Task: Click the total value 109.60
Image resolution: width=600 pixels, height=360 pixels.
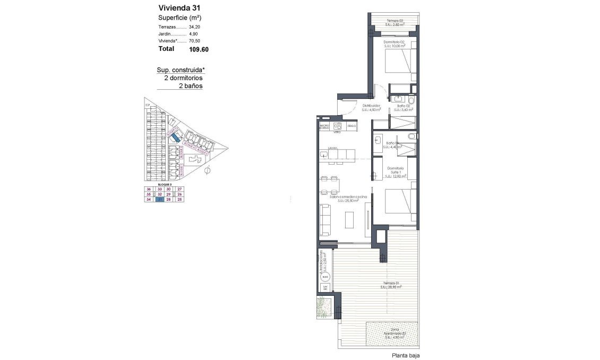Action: point(198,49)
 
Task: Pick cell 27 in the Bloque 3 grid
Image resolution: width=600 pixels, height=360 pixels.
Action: point(180,189)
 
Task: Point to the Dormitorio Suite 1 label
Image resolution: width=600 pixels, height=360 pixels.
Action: point(395,171)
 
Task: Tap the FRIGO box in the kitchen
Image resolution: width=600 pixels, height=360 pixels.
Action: point(350,126)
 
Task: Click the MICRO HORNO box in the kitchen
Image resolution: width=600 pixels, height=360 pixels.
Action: point(324,126)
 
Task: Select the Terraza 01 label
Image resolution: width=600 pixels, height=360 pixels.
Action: point(390,285)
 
